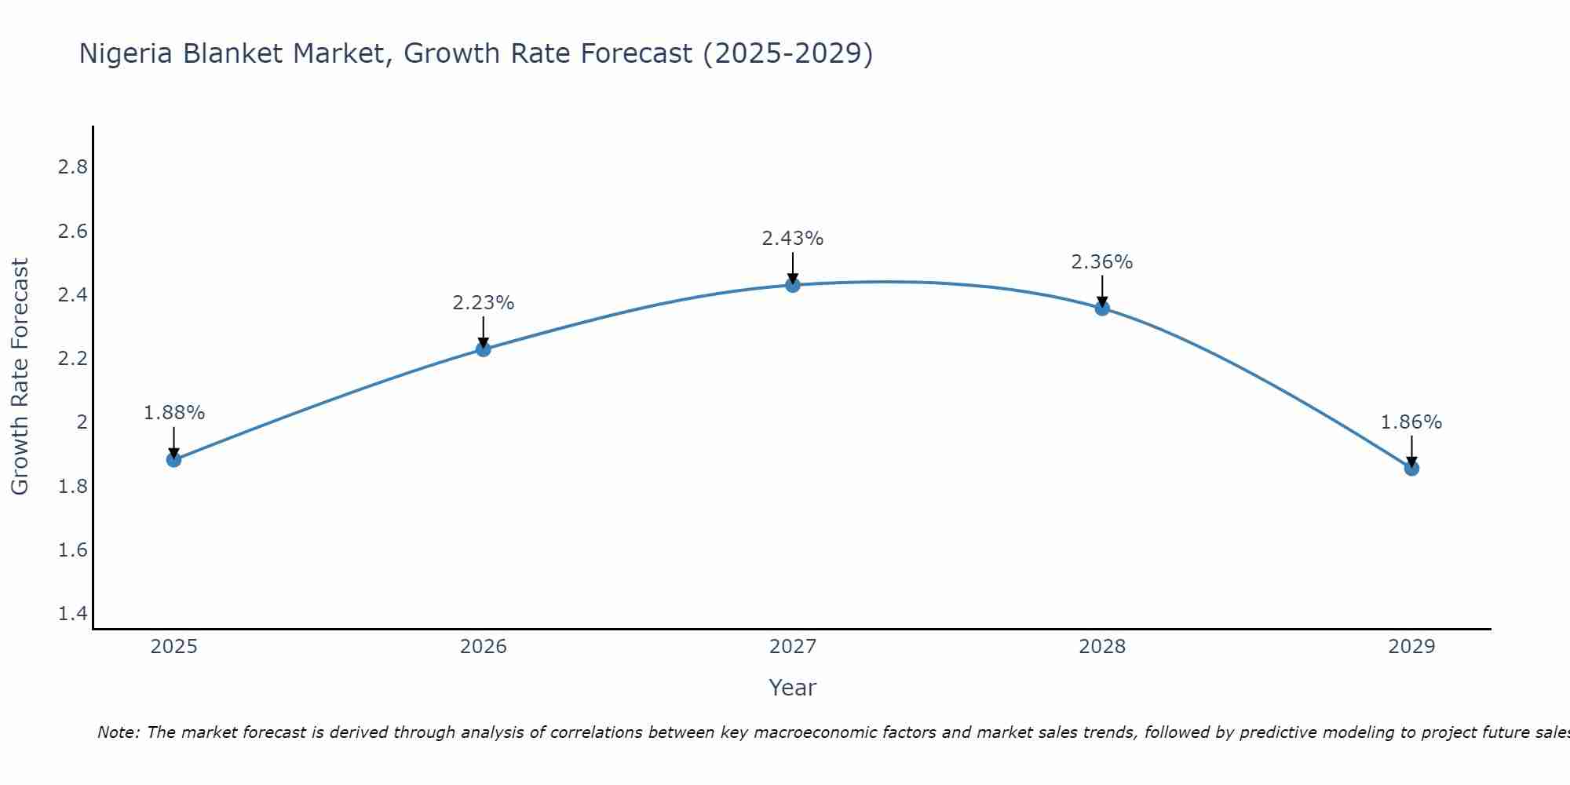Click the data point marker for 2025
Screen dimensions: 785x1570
[173, 459]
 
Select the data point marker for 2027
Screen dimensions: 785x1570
[793, 285]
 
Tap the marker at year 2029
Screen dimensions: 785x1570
[1411, 469]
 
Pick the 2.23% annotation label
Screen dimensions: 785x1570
[483, 303]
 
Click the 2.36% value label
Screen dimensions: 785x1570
[1102, 262]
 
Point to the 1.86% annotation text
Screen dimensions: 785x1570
[1411, 422]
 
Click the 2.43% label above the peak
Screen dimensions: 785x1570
[793, 239]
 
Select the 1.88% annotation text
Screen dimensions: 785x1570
[173, 413]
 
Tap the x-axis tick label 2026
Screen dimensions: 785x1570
[483, 647]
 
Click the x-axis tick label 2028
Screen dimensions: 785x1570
[1102, 647]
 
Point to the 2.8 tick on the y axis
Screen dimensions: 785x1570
[72, 167]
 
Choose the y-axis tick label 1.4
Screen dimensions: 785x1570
[72, 614]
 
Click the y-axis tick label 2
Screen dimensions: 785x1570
[82, 422]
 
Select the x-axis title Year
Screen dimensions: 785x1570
[793, 688]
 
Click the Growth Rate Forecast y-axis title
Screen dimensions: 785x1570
[20, 376]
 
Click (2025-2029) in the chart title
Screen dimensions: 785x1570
[787, 53]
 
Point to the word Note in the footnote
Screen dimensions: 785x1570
[118, 732]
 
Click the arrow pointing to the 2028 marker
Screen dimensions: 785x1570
[1102, 292]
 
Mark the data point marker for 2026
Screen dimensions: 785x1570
[483, 349]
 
